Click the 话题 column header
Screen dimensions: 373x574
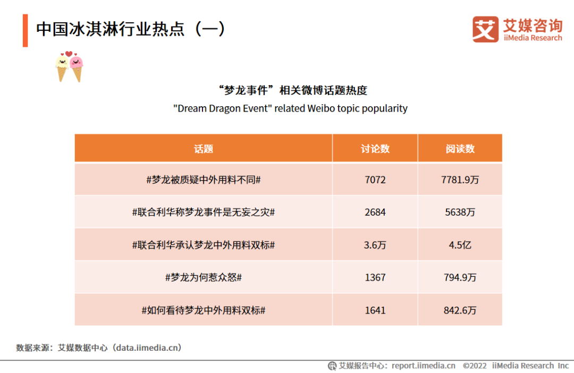[x=204, y=149]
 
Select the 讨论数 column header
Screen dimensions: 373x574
[x=375, y=149]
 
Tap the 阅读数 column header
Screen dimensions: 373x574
[x=460, y=149]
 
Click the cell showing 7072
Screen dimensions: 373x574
[x=375, y=180]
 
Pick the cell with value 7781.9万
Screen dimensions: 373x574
[x=460, y=180]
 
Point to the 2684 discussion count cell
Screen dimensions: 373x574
[x=375, y=212]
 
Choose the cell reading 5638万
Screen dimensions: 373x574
[x=460, y=212]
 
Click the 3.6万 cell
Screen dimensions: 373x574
[x=375, y=245]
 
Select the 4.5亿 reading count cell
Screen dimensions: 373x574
[x=460, y=245]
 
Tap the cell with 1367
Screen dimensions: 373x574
[x=375, y=277]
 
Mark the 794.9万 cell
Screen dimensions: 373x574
[x=460, y=277]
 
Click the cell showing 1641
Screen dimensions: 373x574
[x=375, y=310]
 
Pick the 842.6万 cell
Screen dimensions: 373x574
[x=460, y=310]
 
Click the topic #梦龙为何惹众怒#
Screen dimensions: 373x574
[x=204, y=277]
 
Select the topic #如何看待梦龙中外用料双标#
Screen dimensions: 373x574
[x=204, y=310]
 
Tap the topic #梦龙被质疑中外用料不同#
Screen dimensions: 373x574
[x=204, y=180]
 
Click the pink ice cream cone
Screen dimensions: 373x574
[x=77, y=68]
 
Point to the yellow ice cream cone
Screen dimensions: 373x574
[x=62, y=68]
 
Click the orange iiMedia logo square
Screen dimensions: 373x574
[x=485, y=29]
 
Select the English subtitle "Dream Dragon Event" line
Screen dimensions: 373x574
[x=290, y=108]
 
